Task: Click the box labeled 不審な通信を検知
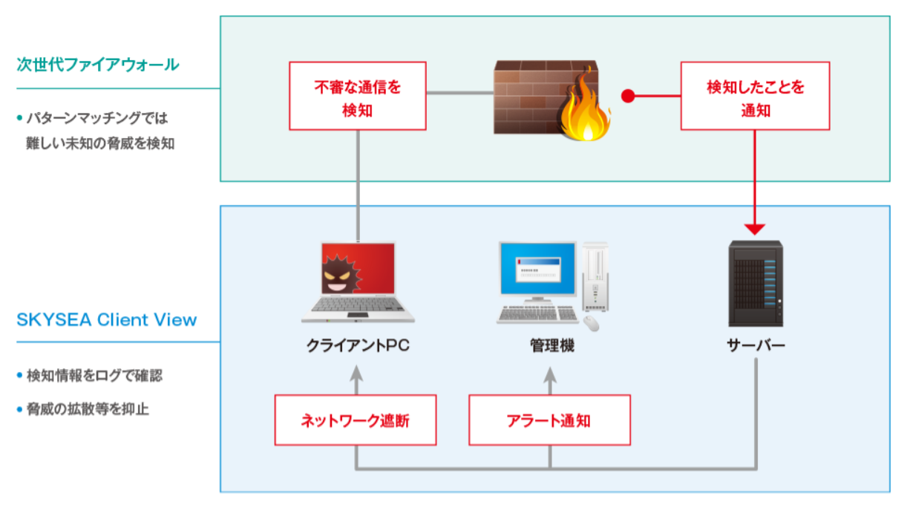358,96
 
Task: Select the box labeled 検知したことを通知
755,96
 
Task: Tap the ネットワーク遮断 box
356,420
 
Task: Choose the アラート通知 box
550,420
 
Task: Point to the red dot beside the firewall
628,96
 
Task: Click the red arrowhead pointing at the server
755,229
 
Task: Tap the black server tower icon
756,284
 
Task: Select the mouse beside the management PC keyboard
591,324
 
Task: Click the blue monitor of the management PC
538,269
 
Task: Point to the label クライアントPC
358,345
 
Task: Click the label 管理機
552,345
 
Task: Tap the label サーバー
756,345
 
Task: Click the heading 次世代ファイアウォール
97,65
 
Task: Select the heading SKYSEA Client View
106,320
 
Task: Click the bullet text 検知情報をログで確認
94,376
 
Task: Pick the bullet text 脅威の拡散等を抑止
88,408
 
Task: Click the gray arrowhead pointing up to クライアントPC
356,374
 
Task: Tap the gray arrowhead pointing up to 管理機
550,375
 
